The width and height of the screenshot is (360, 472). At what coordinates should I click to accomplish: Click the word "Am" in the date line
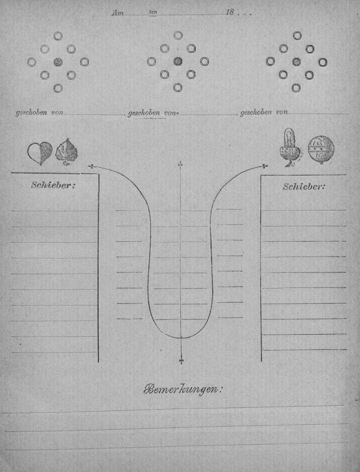click(x=117, y=13)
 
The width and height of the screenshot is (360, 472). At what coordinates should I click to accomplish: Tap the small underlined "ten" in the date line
click(x=153, y=12)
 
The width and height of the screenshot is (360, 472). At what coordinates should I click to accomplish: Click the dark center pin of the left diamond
click(x=58, y=62)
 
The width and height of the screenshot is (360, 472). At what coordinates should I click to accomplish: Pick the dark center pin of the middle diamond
click(x=178, y=62)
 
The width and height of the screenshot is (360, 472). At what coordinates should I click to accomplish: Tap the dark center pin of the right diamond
click(x=297, y=62)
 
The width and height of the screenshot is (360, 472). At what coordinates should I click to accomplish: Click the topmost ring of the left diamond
click(x=58, y=36)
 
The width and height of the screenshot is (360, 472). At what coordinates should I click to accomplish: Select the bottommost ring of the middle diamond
click(x=177, y=88)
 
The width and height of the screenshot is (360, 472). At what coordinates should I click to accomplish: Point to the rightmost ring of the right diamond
click(x=323, y=62)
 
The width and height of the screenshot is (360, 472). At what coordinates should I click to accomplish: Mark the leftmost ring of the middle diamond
click(x=152, y=62)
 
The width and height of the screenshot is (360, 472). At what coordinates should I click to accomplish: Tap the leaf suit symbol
click(x=67, y=152)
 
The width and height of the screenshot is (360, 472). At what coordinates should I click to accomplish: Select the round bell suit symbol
click(x=321, y=150)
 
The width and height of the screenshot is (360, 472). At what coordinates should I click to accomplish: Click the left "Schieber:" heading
click(x=53, y=185)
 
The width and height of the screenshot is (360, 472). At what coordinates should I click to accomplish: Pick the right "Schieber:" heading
click(x=303, y=187)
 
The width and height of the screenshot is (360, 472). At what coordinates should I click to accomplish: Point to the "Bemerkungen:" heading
click(x=182, y=389)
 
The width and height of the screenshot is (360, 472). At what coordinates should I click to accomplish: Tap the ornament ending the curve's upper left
click(x=91, y=166)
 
